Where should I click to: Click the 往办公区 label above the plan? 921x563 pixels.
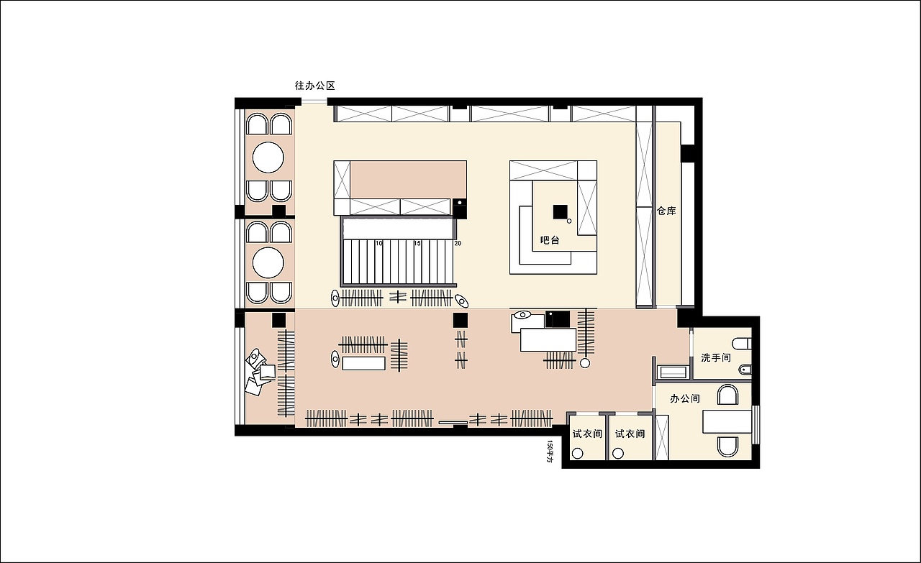(315, 86)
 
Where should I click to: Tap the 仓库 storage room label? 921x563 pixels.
(666, 211)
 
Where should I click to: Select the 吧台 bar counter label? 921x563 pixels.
(550, 240)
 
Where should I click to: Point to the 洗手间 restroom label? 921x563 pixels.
(716, 358)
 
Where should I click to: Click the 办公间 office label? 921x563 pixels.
(685, 398)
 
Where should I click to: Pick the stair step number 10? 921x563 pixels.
(379, 243)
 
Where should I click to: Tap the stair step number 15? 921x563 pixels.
(417, 243)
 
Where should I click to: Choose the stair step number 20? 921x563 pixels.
(458, 243)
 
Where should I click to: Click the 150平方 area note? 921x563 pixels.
(550, 452)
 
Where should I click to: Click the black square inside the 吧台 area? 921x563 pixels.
(560, 211)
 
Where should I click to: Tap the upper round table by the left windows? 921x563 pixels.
(268, 157)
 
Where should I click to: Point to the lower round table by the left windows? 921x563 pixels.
(268, 262)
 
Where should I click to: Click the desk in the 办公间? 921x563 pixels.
(727, 421)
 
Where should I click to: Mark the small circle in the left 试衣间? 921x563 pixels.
(578, 454)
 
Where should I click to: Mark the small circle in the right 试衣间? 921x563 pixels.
(618, 454)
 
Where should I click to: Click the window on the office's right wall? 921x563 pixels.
(755, 424)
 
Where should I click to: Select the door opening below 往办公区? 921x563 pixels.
(314, 101)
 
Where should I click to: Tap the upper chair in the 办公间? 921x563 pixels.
(727, 395)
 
